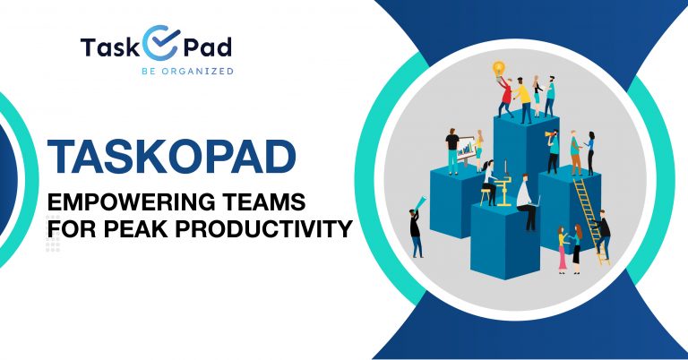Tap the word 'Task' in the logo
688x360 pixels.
(109, 47)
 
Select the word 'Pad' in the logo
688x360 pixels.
(207, 47)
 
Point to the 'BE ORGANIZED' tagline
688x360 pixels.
(187, 71)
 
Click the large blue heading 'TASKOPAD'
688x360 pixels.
(172, 157)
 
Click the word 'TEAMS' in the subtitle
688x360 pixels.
(262, 202)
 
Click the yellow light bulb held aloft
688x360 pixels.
(499, 68)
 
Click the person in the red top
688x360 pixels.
(505, 97)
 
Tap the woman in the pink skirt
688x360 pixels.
(562, 250)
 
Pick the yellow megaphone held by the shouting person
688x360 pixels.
(548, 134)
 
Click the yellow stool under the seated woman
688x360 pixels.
(486, 196)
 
